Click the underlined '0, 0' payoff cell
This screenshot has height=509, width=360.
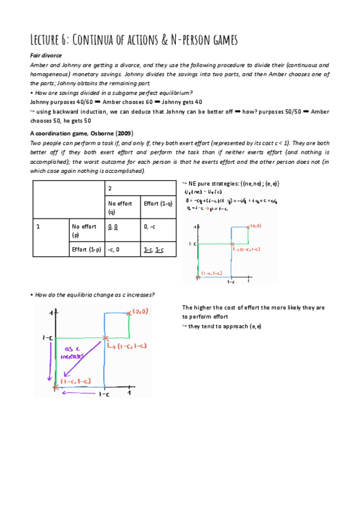point(113,226)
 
